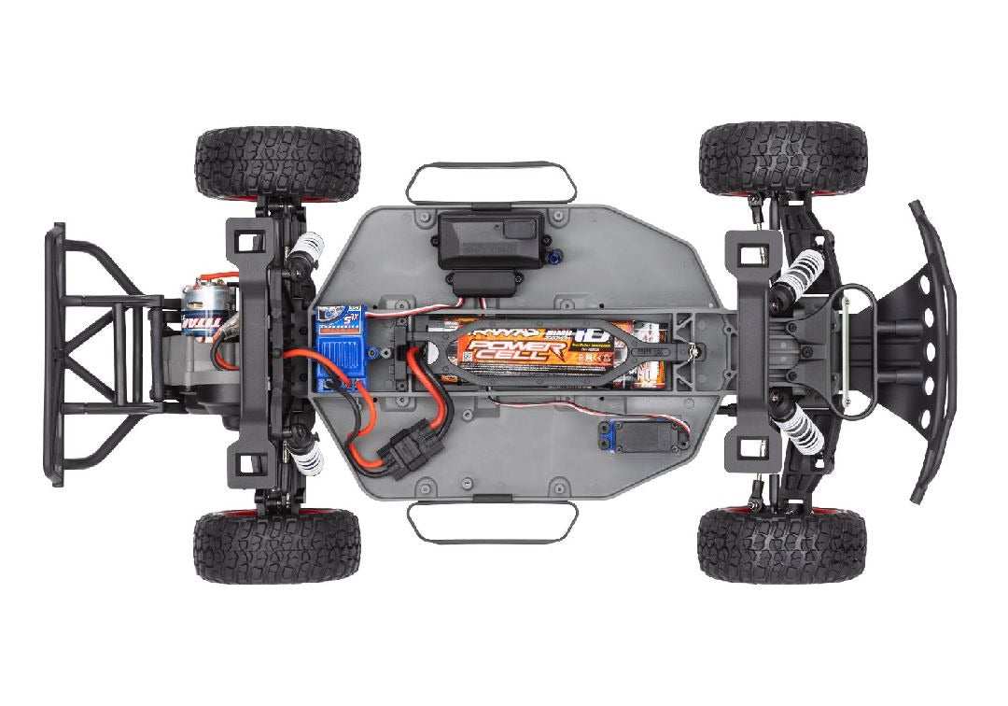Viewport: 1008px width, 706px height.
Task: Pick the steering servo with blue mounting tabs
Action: [x=642, y=437]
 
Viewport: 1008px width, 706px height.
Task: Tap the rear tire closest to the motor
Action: [x=277, y=162]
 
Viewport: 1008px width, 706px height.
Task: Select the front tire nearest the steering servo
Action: [x=781, y=546]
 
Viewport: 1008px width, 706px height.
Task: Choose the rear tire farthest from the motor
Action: [x=276, y=546]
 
